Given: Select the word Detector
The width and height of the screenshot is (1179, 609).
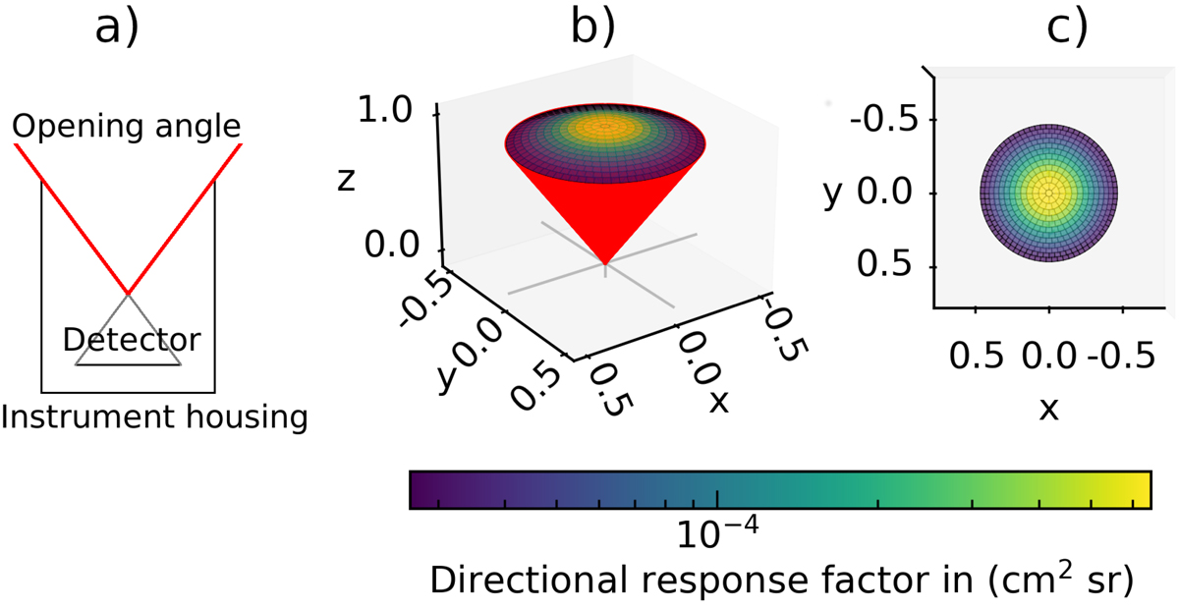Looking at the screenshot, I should [131, 341].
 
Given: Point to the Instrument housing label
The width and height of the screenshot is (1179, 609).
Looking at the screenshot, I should [154, 417].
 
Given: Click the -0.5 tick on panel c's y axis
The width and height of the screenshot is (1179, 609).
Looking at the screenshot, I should [893, 120].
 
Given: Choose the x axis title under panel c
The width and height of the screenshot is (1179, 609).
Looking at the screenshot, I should [1048, 408].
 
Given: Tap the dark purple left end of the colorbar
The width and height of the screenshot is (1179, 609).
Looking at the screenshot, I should [418, 489].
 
